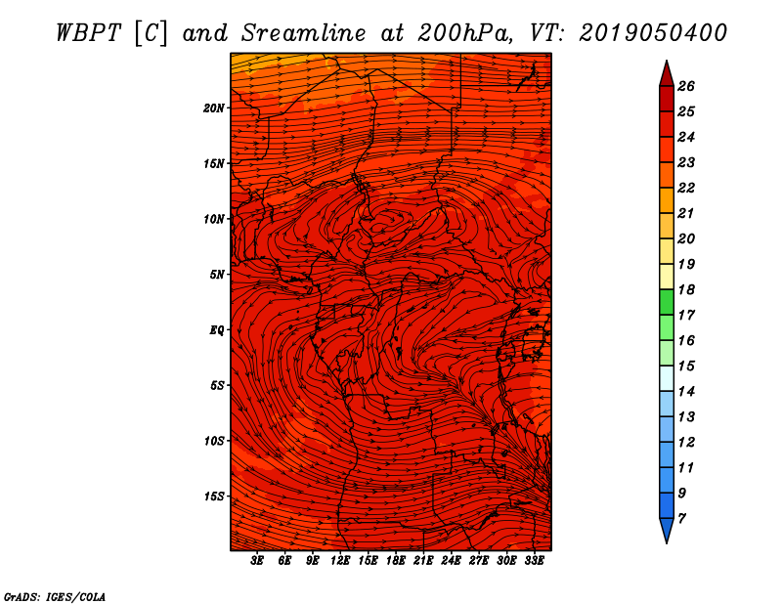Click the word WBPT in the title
click(x=84, y=32)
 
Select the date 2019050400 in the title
click(x=653, y=32)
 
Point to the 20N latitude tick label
click(x=214, y=108)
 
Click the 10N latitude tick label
click(x=214, y=219)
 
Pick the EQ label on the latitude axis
click(x=217, y=330)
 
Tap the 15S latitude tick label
click(x=214, y=496)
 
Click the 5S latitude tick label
click(x=217, y=385)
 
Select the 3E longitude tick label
click(x=258, y=561)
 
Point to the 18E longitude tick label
click(x=396, y=561)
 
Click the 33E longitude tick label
click(x=534, y=561)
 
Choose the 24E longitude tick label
click(x=451, y=561)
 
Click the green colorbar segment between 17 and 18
click(x=666, y=302)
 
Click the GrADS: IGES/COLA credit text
click(x=54, y=595)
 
